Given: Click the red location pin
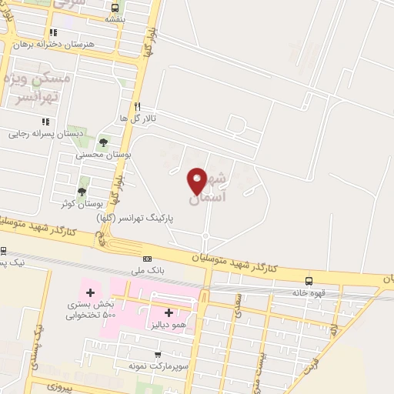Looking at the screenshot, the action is click(198, 180).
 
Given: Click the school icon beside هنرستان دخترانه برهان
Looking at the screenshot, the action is click(53, 33).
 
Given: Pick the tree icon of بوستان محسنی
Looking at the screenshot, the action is click(103, 142).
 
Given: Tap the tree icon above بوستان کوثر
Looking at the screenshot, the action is click(82, 191).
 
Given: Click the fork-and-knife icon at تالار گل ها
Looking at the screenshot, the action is click(137, 106).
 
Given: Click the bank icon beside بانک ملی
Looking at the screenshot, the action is click(148, 259).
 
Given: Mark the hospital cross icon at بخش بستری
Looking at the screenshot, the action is click(91, 292).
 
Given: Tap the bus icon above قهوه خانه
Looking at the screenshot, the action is click(309, 282).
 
